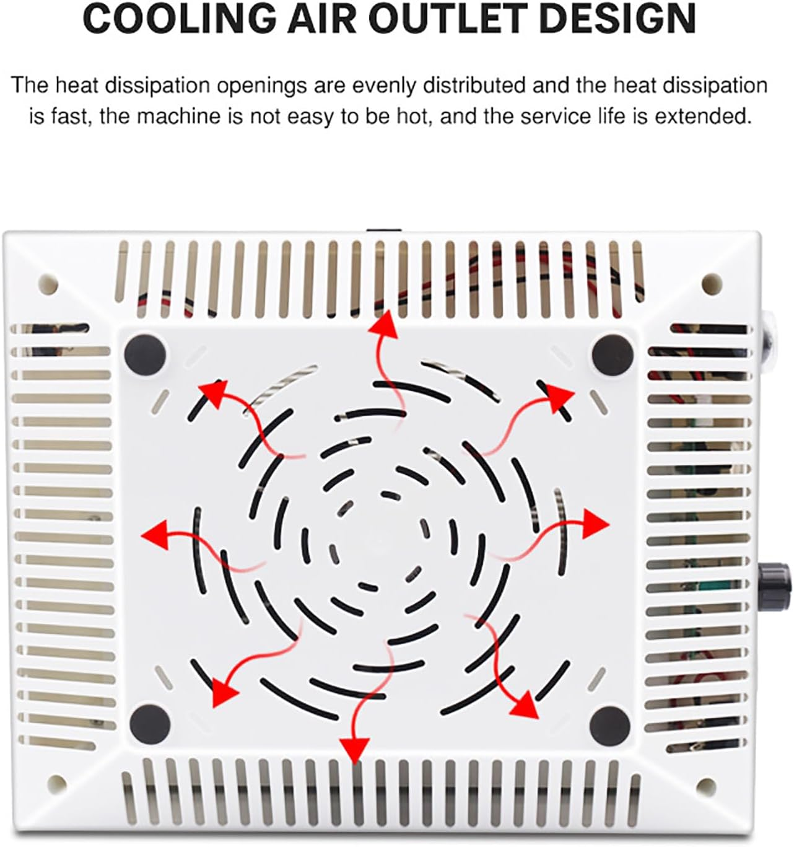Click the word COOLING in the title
pos(179,19)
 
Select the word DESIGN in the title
pos(617,19)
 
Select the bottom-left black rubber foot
pos(150,724)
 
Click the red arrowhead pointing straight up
pos(385,325)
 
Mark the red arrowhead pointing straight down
pos(354,750)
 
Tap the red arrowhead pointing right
pos(596,524)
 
